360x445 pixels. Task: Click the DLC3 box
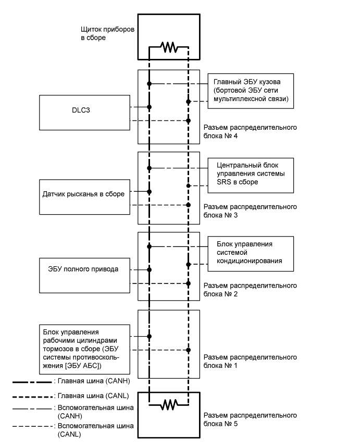click(84, 113)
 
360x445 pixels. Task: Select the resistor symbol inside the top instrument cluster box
click(169, 47)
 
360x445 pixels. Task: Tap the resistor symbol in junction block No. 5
click(169, 405)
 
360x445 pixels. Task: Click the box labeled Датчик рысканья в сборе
click(84, 197)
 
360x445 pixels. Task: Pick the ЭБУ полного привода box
click(84, 275)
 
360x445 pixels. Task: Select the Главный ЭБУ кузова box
click(251, 91)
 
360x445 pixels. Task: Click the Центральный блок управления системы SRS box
click(251, 176)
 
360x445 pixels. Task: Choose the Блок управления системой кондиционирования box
click(251, 254)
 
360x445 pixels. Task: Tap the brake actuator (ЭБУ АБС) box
click(84, 349)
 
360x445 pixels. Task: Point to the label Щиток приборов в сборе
click(107, 33)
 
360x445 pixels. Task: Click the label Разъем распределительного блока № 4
click(250, 132)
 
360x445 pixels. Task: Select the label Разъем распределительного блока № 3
click(250, 211)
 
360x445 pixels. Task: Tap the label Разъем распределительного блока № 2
click(250, 290)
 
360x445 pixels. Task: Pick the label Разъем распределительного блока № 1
click(250, 361)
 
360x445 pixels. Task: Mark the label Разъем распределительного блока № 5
click(250, 419)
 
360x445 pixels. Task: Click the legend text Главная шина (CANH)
click(94, 381)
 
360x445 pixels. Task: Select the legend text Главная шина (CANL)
click(93, 395)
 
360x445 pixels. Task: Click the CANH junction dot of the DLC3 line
click(149, 107)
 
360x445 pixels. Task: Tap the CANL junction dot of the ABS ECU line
click(188, 350)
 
